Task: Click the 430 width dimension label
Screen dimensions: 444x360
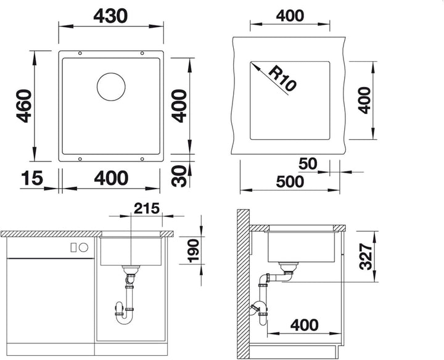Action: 110,16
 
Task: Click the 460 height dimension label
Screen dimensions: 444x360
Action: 24,106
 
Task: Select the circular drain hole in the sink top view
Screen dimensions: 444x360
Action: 111,86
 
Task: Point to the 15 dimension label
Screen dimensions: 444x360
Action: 31,178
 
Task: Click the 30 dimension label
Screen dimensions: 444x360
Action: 179,176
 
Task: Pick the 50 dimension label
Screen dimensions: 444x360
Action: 308,163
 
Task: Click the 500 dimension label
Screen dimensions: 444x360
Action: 290,181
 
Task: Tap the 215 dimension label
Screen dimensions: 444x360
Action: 147,208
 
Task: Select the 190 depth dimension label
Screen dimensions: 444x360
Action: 194,250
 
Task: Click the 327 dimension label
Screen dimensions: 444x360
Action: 366,256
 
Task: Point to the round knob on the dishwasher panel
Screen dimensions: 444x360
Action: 83,248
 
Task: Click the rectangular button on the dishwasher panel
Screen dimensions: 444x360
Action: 73,248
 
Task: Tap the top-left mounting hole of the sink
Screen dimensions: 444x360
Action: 80,53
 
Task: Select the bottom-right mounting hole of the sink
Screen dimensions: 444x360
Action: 142,159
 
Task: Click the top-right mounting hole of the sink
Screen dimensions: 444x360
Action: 142,53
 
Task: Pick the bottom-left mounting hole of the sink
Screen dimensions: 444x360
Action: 80,159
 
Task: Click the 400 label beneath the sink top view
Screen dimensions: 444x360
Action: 111,178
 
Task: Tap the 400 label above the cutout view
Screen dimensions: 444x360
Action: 290,15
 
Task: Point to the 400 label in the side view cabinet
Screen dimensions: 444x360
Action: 305,325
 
